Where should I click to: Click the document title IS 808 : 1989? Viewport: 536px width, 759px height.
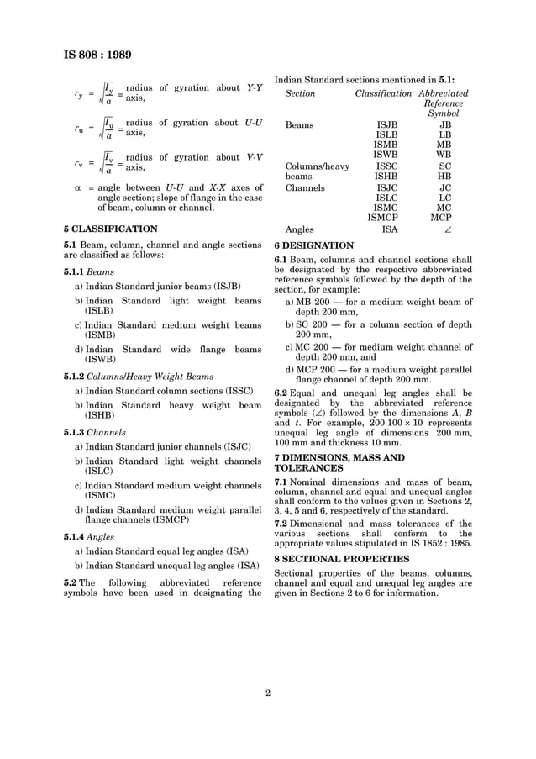click(97, 55)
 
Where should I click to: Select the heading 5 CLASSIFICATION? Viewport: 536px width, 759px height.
click(110, 229)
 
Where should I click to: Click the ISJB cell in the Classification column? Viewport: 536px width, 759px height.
click(386, 124)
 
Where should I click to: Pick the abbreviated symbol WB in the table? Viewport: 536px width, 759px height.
click(444, 155)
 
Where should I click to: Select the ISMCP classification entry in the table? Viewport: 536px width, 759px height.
click(386, 217)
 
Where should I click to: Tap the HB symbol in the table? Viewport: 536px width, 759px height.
click(444, 176)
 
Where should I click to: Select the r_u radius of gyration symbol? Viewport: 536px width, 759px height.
click(78, 129)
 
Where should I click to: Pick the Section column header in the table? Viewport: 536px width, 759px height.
click(300, 92)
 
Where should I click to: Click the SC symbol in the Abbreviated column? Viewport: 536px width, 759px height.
click(444, 166)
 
